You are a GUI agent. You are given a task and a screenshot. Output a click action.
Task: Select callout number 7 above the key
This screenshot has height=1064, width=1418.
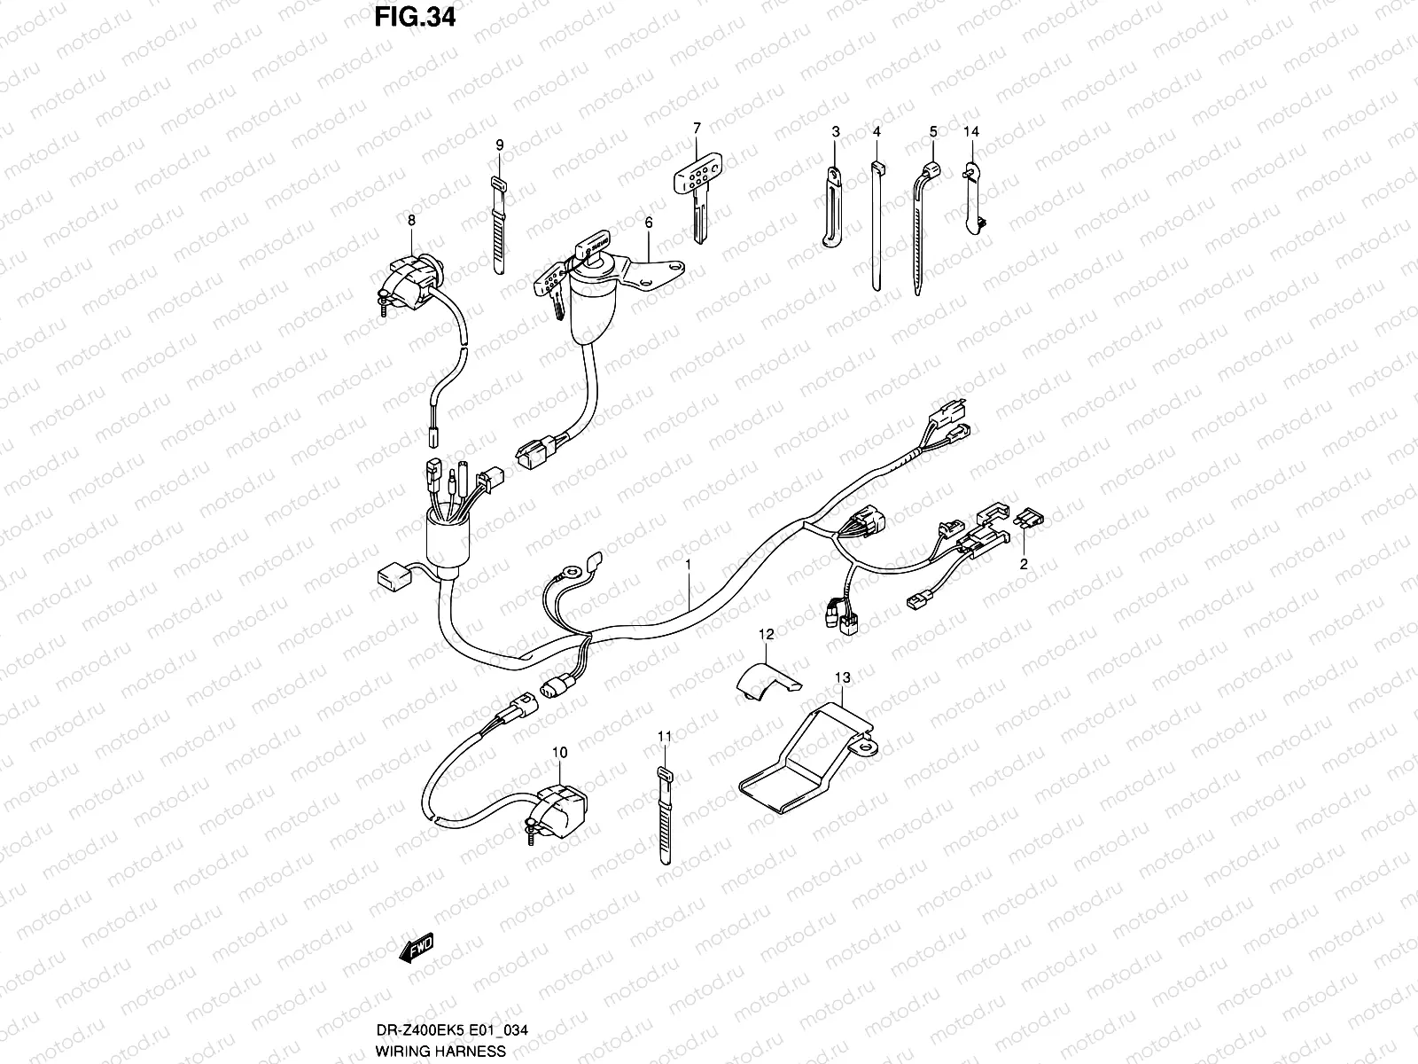[697, 128]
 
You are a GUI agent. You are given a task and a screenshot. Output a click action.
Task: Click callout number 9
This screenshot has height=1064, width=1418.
[499, 145]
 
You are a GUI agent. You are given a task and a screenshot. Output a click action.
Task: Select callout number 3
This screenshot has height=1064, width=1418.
[835, 132]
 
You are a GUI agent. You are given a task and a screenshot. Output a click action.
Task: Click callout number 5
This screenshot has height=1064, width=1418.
[932, 132]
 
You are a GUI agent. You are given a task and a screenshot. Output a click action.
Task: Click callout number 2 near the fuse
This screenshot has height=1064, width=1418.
[1023, 563]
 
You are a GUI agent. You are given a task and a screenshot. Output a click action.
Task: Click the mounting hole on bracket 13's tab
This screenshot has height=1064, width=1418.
[862, 749]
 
